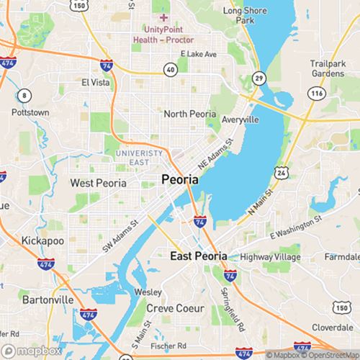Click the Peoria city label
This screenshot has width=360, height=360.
pos(179,179)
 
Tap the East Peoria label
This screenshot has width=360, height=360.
pos(199,256)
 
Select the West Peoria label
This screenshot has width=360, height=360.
pos(98,183)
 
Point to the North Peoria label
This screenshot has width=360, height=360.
pos(190,114)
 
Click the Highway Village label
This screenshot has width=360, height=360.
pos(271,257)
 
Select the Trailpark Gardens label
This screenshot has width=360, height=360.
pos(329,68)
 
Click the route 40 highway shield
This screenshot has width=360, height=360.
pos(170,70)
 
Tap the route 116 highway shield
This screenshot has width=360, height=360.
pos(315,94)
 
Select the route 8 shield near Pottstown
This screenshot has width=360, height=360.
pos(26,95)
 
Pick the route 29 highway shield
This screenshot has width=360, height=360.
pos(258,77)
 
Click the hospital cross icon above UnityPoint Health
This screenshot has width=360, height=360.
pos(164,17)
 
